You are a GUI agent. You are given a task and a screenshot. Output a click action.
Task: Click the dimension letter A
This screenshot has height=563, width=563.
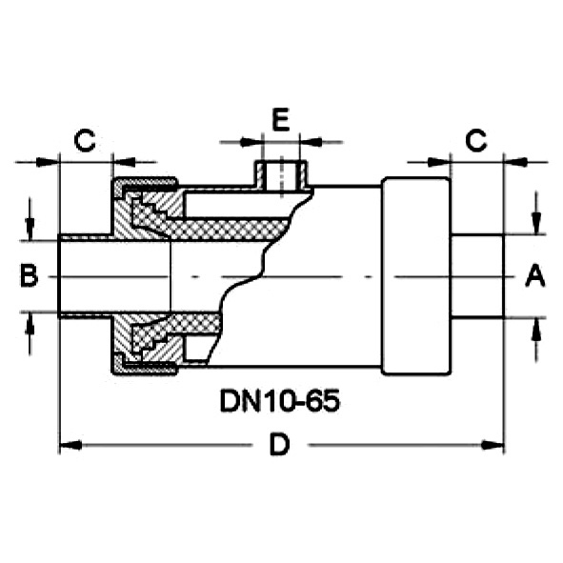(535, 275)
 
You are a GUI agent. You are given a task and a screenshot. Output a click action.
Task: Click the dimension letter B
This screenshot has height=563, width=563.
(29, 275)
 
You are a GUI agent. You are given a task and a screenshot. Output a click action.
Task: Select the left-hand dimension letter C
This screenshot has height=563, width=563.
(85, 140)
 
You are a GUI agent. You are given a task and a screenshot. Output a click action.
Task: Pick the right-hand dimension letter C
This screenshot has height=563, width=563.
(475, 140)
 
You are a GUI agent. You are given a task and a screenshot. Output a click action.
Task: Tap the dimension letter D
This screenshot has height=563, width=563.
(280, 445)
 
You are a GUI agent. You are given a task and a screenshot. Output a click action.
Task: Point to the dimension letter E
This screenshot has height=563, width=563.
(280, 119)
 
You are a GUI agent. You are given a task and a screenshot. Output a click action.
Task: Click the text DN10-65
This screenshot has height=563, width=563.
(280, 401)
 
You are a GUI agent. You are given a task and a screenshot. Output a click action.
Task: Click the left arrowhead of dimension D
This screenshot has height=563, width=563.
(70, 445)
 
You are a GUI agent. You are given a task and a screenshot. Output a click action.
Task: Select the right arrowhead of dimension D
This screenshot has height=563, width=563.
(493, 445)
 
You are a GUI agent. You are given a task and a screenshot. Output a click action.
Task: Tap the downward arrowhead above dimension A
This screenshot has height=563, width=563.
(536, 223)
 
